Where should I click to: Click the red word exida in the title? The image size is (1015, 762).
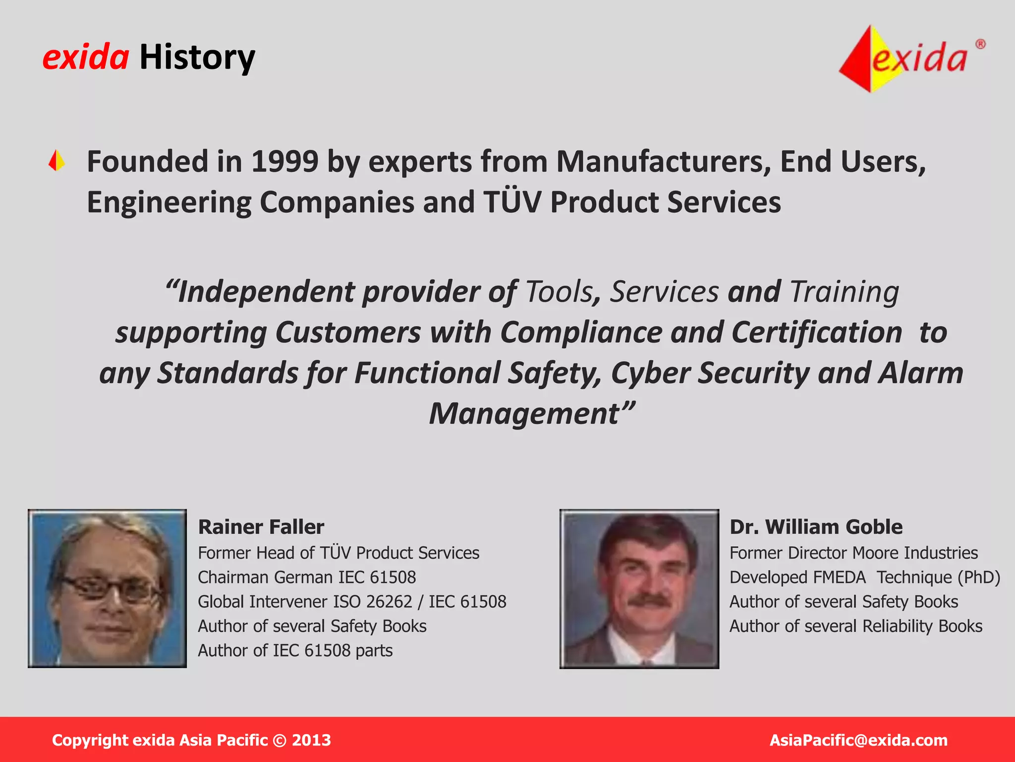(86, 58)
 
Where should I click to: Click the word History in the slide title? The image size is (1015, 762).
(197, 58)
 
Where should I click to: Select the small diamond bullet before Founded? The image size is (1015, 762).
(57, 161)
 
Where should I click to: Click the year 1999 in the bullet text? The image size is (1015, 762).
(284, 162)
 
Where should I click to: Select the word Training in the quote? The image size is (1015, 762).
(844, 292)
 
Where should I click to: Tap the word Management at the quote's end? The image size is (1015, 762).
(525, 414)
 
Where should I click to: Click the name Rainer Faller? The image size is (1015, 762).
(261, 527)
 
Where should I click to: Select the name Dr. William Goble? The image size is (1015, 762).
(816, 527)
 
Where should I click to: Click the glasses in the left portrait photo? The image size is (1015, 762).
(107, 588)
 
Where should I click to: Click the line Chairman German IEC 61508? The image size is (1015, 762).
(307, 577)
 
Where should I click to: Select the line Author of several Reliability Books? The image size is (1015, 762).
(856, 626)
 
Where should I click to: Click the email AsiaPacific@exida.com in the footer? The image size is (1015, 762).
(858, 740)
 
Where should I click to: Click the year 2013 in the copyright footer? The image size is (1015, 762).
(311, 740)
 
